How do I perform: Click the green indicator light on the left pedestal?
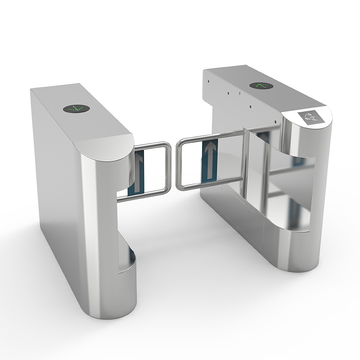coord(76,108)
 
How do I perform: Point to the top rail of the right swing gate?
coord(211,136)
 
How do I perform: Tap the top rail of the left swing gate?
coord(151,145)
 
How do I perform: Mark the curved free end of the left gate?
coord(169,169)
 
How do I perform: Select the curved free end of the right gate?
coord(178,164)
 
